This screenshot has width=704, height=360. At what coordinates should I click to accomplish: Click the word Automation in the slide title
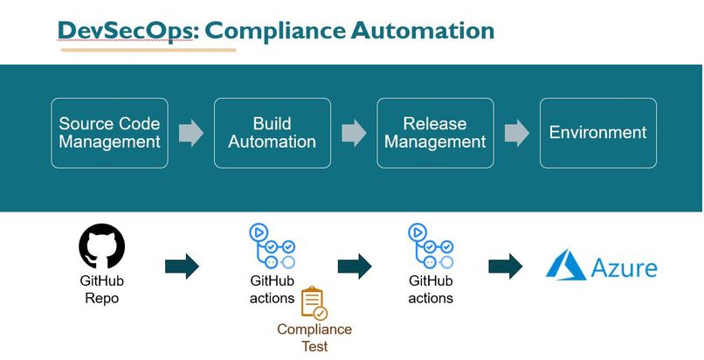pos(422,30)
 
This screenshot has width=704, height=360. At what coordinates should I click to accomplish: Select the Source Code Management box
pos(109,133)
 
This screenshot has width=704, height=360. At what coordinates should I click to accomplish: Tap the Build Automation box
pos(273,133)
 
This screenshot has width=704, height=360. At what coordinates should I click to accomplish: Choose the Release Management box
pos(435,133)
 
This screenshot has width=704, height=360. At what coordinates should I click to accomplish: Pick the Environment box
pos(597,133)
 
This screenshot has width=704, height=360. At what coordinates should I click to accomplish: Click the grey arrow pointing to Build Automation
pos(190,133)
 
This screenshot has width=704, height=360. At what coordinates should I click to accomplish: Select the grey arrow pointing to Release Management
pos(354,133)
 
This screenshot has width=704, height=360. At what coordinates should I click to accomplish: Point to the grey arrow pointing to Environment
pos(516,133)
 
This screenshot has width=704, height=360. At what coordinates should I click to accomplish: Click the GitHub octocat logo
pos(102,247)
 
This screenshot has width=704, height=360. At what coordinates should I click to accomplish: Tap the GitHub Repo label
pos(102,289)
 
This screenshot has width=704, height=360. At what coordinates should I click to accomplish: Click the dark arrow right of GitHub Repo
pos(182,267)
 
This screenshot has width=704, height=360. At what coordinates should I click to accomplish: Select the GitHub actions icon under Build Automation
pos(273,246)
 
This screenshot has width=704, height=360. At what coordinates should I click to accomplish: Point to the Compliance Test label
pos(314,337)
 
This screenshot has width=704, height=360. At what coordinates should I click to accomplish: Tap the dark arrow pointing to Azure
pos(505,267)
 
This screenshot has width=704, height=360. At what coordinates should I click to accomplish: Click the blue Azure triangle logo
pos(566,265)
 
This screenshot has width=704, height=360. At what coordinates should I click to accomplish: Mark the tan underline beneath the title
pos(148,50)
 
